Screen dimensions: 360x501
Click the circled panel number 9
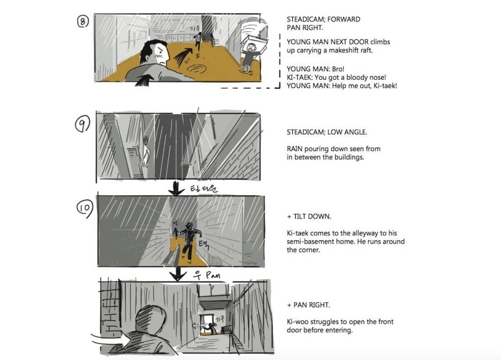pyautogui.click(x=82, y=126)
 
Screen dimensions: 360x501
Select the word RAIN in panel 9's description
pyautogui.click(x=295, y=149)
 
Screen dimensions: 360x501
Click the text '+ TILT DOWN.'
pyautogui.click(x=308, y=217)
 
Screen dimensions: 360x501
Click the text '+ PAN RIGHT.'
pyautogui.click(x=308, y=305)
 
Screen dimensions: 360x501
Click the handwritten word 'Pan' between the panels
pyautogui.click(x=211, y=275)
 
